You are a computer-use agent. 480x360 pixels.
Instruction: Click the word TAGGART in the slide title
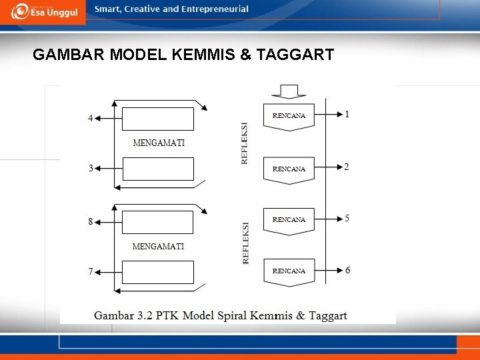(x=293, y=55)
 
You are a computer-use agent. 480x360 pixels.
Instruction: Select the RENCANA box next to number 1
(x=289, y=116)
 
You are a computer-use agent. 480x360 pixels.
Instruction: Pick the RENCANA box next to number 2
(x=289, y=169)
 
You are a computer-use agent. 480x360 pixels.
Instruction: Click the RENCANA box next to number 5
(x=289, y=220)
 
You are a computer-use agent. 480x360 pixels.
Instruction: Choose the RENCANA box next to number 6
(x=289, y=271)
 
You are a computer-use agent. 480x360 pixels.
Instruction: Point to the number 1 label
(x=347, y=114)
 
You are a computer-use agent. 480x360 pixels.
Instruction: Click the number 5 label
(x=347, y=219)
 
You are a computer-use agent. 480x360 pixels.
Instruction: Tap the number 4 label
(x=91, y=119)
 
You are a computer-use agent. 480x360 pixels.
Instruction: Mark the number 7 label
(x=91, y=272)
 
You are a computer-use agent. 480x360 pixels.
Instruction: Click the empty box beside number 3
(x=158, y=169)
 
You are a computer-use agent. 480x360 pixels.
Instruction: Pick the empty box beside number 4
(x=158, y=119)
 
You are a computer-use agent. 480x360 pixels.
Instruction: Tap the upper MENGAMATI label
(x=159, y=143)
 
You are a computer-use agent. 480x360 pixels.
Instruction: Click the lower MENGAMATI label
(x=158, y=247)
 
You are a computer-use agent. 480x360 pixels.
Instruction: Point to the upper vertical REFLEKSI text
(x=245, y=143)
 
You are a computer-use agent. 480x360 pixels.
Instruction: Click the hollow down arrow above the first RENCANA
(x=289, y=91)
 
